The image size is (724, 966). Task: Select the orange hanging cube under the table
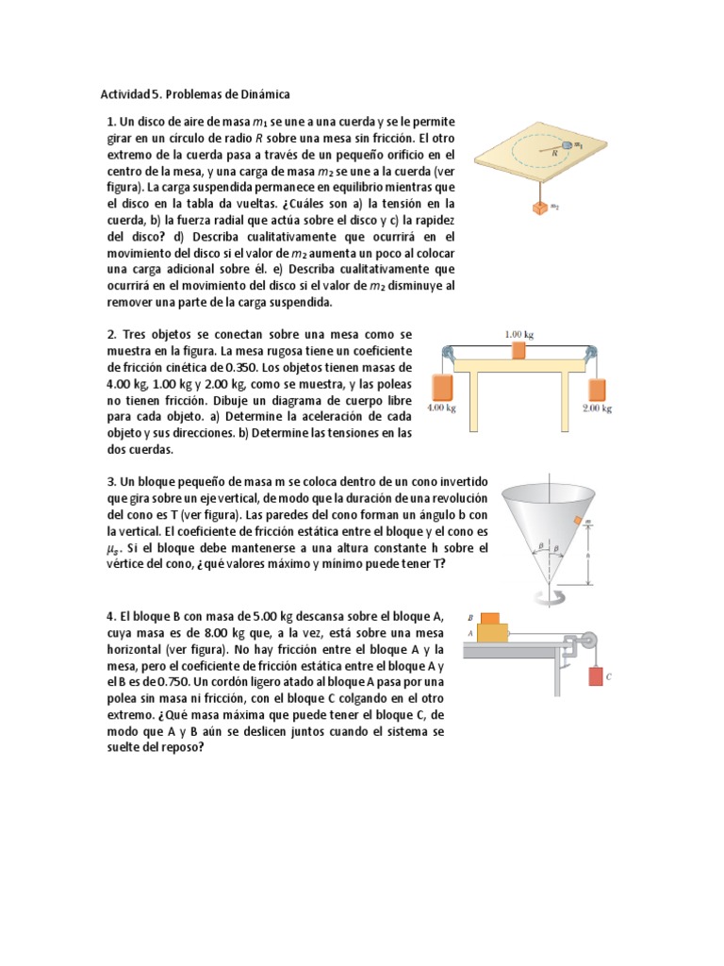[541, 208]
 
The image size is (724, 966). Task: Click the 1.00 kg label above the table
[519, 333]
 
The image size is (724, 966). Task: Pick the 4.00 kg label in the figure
[441, 408]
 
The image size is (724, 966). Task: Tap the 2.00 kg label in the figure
[597, 408]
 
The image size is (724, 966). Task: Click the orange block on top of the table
[519, 350]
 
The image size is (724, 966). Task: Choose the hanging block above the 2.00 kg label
[597, 388]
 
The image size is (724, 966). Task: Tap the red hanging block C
[596, 675]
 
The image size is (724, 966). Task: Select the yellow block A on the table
[492, 632]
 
